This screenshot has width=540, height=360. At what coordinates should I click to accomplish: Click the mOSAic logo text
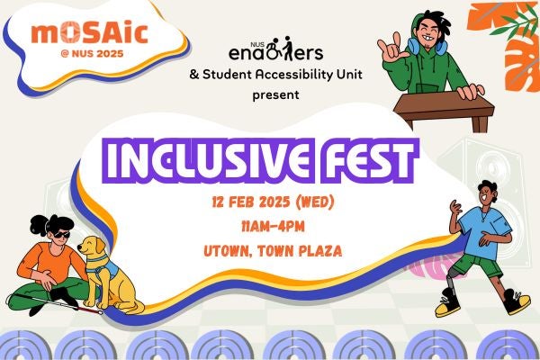[89, 33]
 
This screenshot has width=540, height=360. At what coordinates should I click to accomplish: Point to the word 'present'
[275, 94]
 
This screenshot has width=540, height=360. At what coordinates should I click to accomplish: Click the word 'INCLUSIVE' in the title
[210, 160]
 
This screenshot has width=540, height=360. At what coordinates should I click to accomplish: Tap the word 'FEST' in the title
[368, 160]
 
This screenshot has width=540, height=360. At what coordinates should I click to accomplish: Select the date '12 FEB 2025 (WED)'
[273, 202]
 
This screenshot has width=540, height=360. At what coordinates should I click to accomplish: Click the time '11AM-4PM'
[273, 227]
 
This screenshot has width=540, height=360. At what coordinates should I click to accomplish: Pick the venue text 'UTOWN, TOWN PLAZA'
[273, 251]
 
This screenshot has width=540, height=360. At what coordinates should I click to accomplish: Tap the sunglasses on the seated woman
[61, 235]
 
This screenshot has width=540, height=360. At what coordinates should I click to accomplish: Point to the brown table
[445, 107]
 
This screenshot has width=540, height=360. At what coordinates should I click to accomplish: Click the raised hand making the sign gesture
[391, 50]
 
